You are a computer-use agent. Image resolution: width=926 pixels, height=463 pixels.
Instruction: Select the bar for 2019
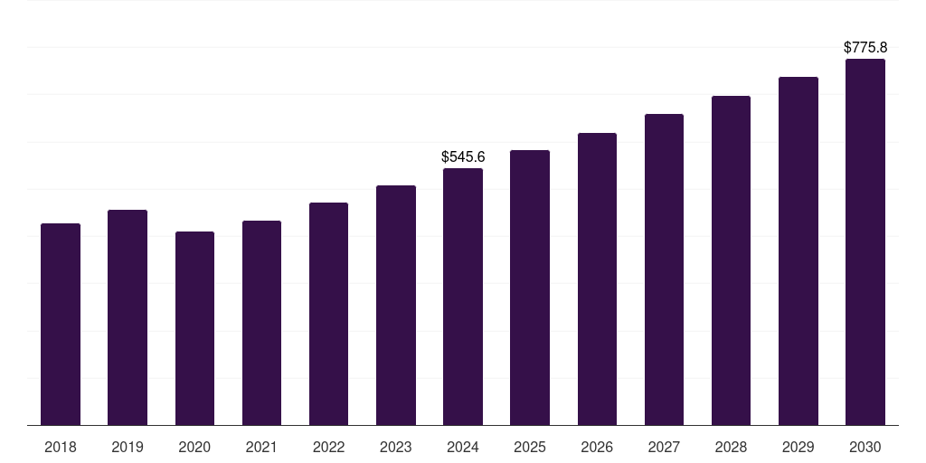click(128, 317)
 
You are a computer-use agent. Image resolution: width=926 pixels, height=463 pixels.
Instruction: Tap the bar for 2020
click(194, 328)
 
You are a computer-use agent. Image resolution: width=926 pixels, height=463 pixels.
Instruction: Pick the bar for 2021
click(261, 323)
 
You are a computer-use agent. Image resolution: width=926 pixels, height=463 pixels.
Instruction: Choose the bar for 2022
click(328, 314)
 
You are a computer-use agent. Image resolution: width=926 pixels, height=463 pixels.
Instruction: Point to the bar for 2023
click(396, 305)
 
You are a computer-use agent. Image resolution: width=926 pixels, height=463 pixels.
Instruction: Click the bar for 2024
click(463, 297)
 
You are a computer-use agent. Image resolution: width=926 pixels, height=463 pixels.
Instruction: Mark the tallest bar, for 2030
click(865, 242)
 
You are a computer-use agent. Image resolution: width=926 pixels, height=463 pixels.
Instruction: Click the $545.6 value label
click(463, 157)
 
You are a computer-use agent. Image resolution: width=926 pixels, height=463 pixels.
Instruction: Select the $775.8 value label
click(865, 47)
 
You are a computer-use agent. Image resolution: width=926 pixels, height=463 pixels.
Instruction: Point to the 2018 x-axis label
click(61, 447)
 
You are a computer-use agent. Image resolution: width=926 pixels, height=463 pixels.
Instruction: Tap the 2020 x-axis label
click(194, 447)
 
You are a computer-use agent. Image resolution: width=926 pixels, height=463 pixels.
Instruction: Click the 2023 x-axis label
click(396, 447)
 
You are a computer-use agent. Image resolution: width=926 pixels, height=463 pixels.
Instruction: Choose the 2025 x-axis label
click(530, 447)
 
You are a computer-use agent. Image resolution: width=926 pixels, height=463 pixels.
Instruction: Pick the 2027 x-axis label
click(664, 447)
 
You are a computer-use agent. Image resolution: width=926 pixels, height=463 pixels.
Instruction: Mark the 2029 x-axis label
click(798, 447)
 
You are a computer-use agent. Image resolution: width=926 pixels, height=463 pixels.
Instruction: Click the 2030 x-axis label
click(865, 447)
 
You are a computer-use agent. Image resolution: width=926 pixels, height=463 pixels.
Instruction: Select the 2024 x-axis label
click(463, 447)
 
